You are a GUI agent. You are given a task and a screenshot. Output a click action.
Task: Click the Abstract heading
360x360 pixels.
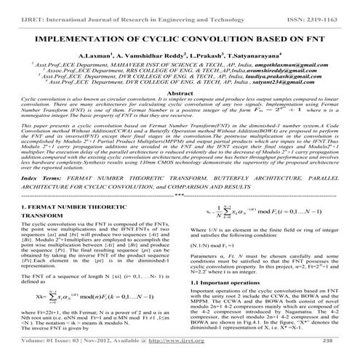pos(179,95)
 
